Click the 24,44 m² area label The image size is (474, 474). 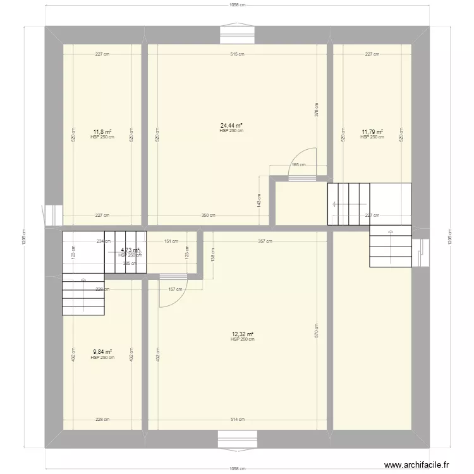(x=231, y=125)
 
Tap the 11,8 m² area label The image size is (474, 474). (x=102, y=132)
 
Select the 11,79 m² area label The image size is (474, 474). (x=372, y=132)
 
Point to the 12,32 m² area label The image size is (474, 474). (x=242, y=334)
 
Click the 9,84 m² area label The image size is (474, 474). (x=102, y=353)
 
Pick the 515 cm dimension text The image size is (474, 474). (x=237, y=54)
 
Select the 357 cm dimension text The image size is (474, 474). (x=265, y=241)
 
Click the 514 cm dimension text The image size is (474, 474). (x=237, y=419)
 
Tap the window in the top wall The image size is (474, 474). (x=237, y=35)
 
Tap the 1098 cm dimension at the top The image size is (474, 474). (x=237, y=4)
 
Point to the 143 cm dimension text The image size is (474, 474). (x=259, y=200)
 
